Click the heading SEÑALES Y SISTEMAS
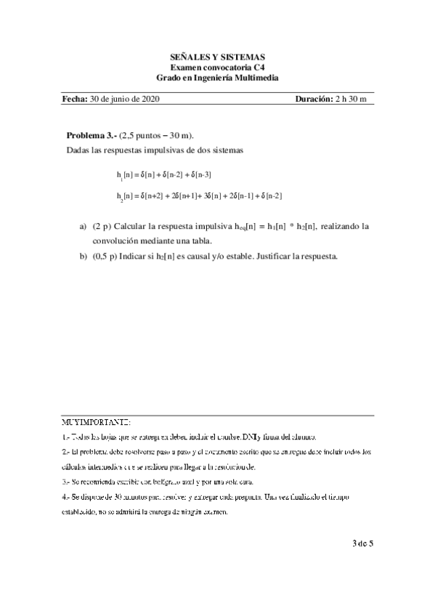(217, 56)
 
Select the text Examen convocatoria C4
(217, 67)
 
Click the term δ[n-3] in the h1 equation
(199, 175)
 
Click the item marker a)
(83, 227)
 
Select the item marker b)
(83, 255)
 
